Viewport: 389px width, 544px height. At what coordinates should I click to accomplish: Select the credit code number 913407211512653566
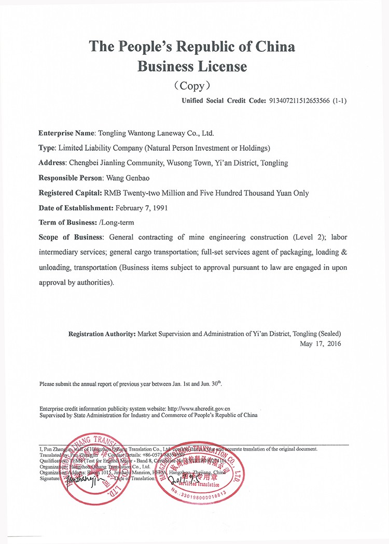298,101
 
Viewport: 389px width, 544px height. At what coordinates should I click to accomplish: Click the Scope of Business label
71,237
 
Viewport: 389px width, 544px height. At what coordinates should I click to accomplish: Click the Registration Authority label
102,334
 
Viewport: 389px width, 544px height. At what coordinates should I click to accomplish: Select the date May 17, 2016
321,343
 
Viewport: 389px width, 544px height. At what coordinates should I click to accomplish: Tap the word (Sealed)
329,334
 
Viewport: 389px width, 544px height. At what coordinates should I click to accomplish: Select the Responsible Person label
71,178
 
